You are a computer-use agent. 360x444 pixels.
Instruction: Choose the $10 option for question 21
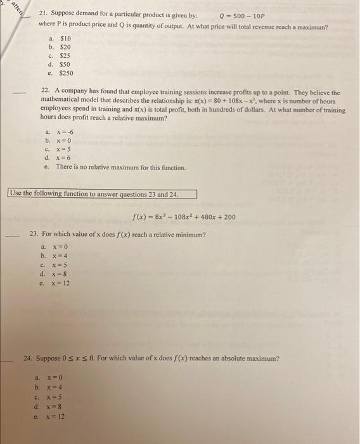(64, 38)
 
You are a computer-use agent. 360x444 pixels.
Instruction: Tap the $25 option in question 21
(64, 55)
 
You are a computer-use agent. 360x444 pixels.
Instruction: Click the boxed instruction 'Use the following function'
(101, 194)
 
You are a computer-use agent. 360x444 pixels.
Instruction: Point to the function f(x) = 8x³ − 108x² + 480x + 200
(184, 217)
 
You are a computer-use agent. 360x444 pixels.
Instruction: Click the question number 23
(35, 235)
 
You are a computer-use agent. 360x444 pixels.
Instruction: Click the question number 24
(27, 358)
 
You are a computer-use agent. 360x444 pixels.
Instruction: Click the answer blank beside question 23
(14, 237)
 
